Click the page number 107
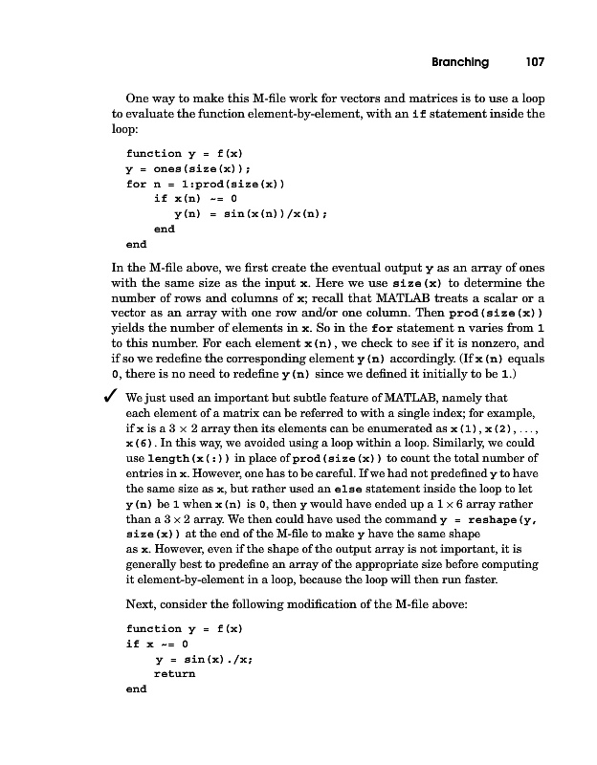[x=534, y=62]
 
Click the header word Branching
[x=453, y=62]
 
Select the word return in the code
[x=174, y=673]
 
